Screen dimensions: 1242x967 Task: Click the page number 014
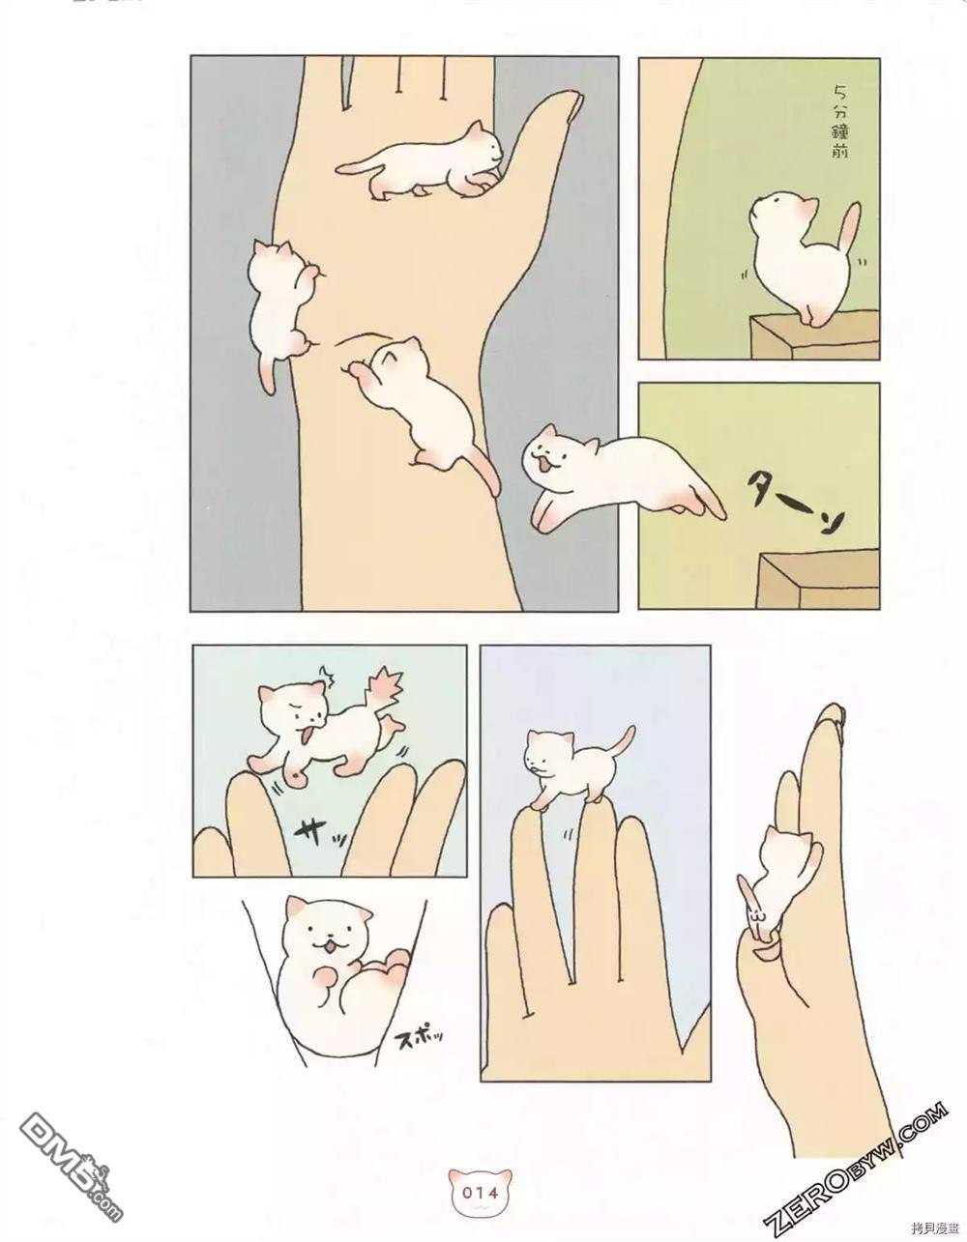click(481, 1192)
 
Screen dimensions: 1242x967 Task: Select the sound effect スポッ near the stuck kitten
click(423, 1040)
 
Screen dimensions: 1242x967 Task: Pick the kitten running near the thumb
click(425, 159)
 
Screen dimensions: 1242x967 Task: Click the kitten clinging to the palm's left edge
click(278, 308)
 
